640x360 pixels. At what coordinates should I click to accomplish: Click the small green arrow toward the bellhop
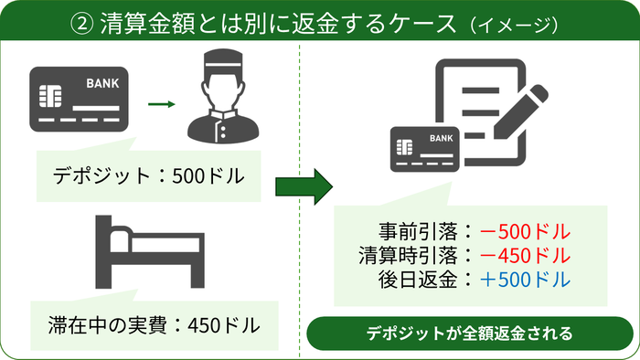pyautogui.click(x=161, y=103)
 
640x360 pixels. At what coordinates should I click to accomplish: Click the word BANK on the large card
pyautogui.click(x=101, y=84)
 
